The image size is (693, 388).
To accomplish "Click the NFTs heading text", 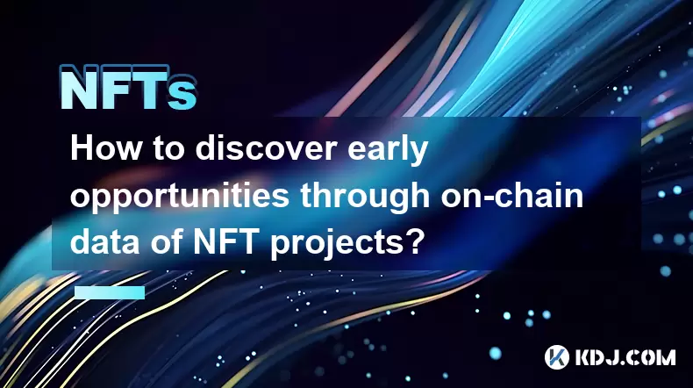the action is click(x=128, y=88).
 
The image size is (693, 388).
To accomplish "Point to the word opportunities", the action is click(x=180, y=197).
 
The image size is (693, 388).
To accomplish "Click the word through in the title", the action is click(x=365, y=197).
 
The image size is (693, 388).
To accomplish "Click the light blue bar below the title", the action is click(x=110, y=292).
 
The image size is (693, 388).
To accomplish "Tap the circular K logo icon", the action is click(x=556, y=357).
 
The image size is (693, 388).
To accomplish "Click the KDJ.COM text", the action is click(x=625, y=357).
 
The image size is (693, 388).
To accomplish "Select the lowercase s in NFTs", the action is click(x=182, y=94).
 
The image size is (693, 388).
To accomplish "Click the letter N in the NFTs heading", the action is click(x=79, y=89).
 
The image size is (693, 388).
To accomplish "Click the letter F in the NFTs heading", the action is click(x=117, y=89).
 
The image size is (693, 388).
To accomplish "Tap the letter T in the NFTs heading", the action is click(x=150, y=89).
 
